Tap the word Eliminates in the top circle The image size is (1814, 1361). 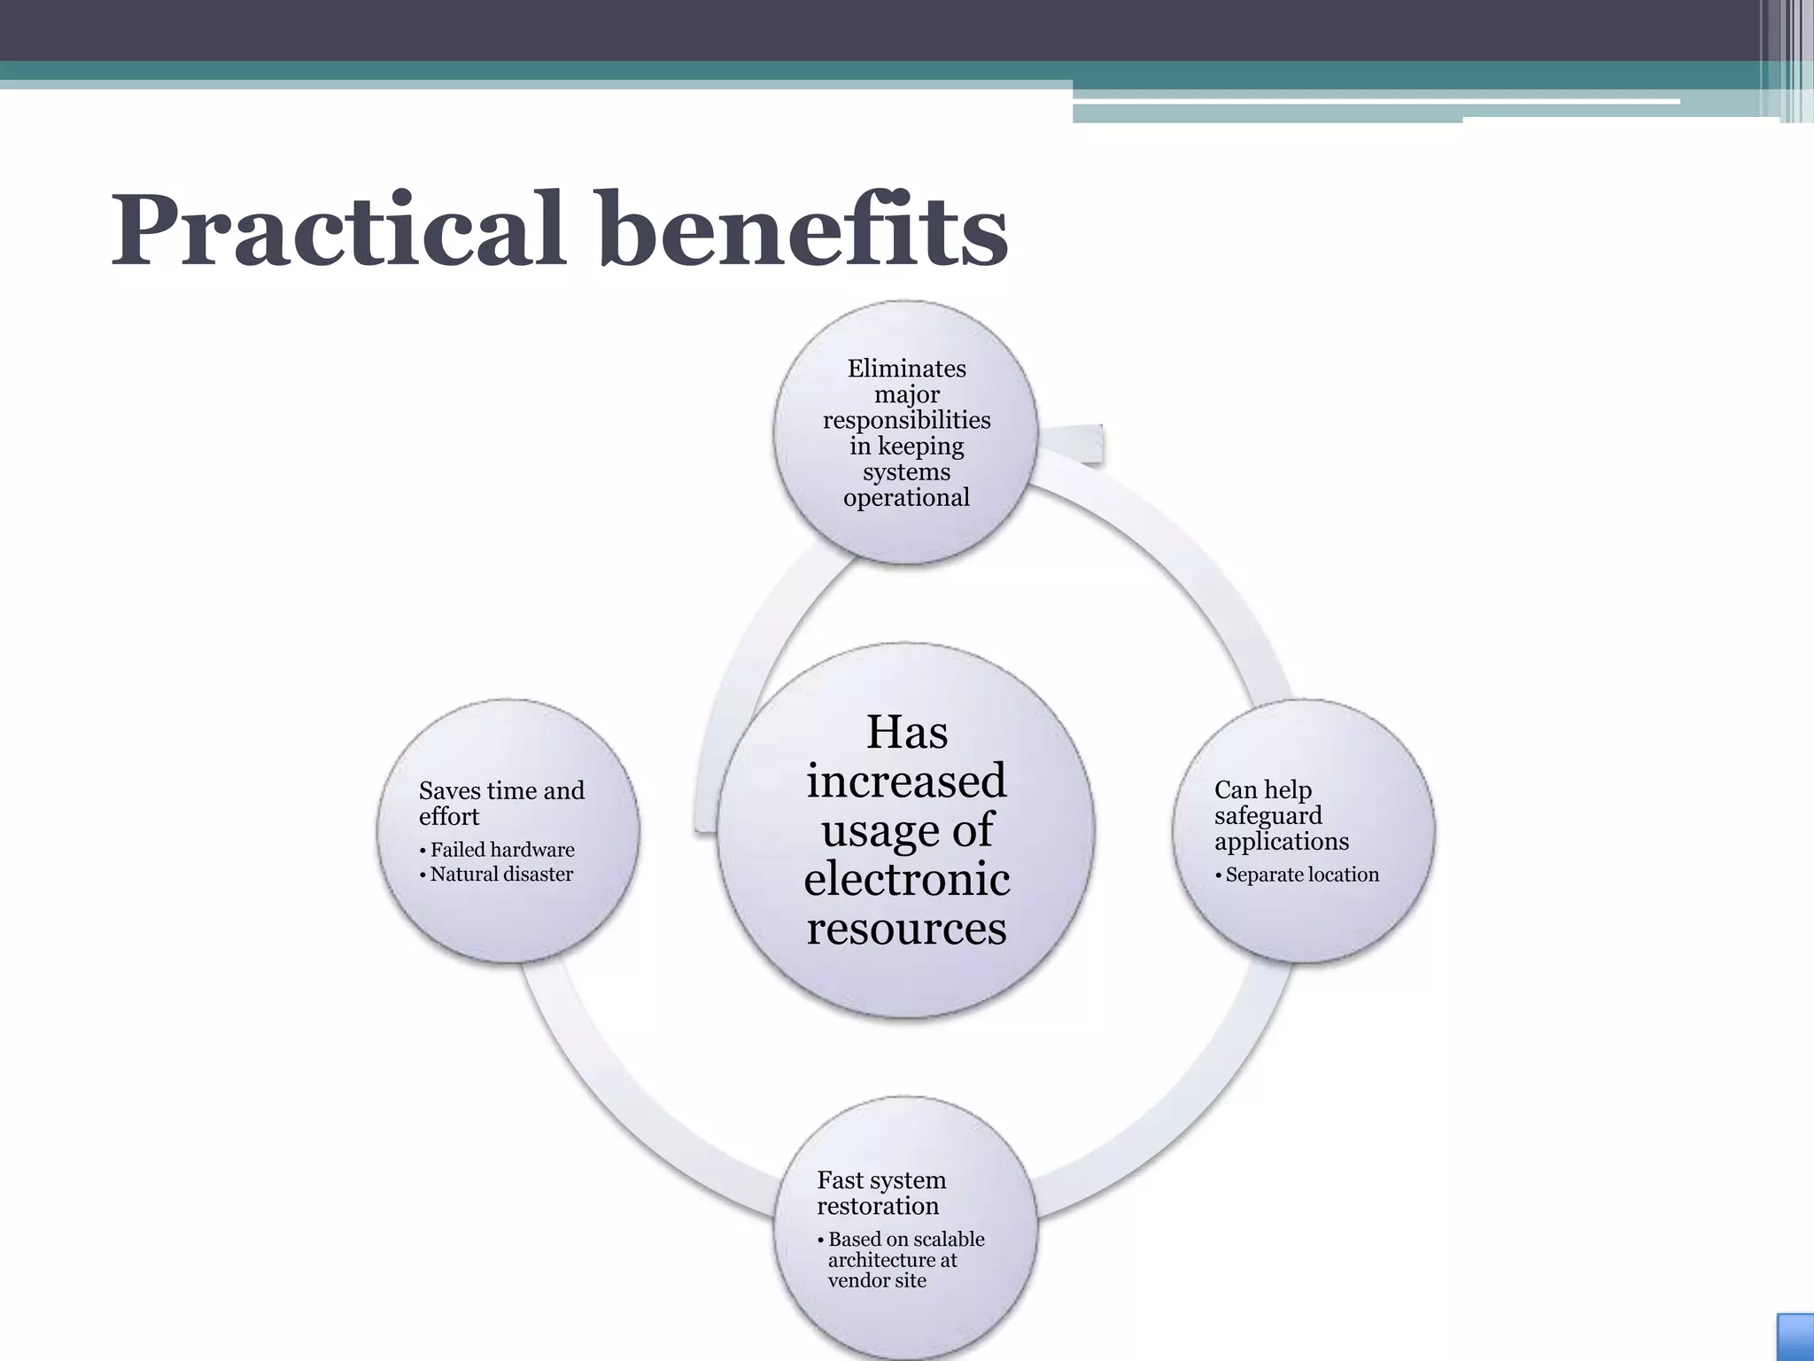tap(906, 369)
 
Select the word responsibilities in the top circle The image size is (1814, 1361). tap(906, 420)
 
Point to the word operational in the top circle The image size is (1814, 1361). tap(906, 498)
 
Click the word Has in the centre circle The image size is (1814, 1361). tap(906, 732)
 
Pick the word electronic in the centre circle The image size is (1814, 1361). tap(906, 879)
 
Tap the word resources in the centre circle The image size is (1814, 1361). tap(906, 929)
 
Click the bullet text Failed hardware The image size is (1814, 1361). tap(502, 850)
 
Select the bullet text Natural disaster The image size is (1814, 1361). tap(501, 875)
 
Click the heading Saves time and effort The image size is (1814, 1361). tap(501, 803)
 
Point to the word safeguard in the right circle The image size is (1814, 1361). tap(1267, 816)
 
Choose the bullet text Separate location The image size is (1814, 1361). tap(1302, 875)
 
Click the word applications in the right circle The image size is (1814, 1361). tap(1281, 842)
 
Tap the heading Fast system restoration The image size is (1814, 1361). tap(881, 1193)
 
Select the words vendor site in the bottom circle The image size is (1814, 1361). tap(877, 1280)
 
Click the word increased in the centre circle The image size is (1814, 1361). tap(906, 781)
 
